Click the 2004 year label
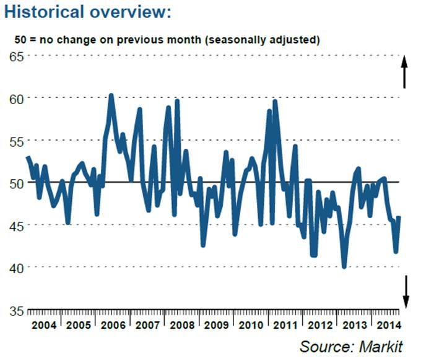(45, 325)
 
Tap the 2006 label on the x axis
(113, 325)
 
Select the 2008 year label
(182, 325)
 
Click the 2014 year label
(387, 325)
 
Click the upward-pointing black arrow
(404, 71)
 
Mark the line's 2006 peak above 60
(111, 95)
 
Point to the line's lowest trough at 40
(344, 266)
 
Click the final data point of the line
(399, 217)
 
